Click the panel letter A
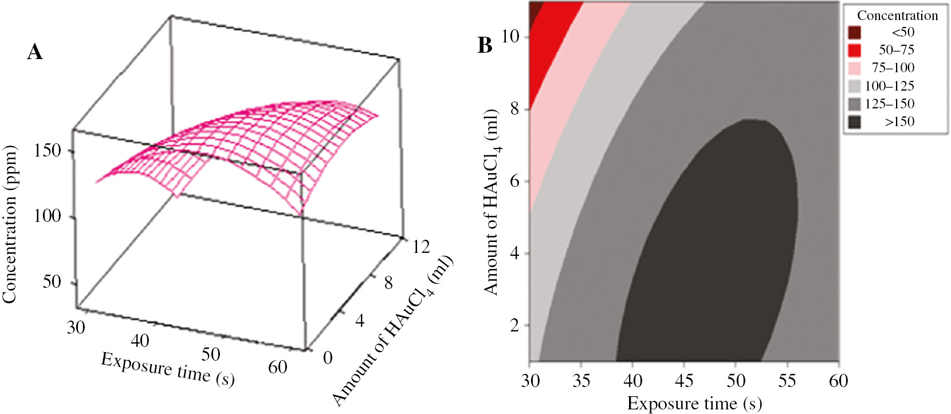pyautogui.click(x=35, y=52)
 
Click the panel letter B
pyautogui.click(x=485, y=45)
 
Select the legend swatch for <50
pyautogui.click(x=854, y=32)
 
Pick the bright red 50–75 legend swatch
pyautogui.click(x=854, y=50)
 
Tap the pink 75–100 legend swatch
pyautogui.click(x=854, y=68)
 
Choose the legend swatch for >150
pyautogui.click(x=854, y=122)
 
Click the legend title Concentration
pyautogui.click(x=897, y=15)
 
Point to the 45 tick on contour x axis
pyautogui.click(x=684, y=381)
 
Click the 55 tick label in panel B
pyautogui.click(x=787, y=381)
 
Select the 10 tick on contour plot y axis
pyautogui.click(x=510, y=37)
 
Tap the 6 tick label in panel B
pyautogui.click(x=514, y=181)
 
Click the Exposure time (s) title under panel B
pyautogui.click(x=694, y=403)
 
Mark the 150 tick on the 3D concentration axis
pyautogui.click(x=48, y=151)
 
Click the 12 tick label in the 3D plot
pyautogui.click(x=421, y=247)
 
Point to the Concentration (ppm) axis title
pyautogui.click(x=10, y=224)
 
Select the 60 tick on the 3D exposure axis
pyautogui.click(x=278, y=367)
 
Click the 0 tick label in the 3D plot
pyautogui.click(x=328, y=358)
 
